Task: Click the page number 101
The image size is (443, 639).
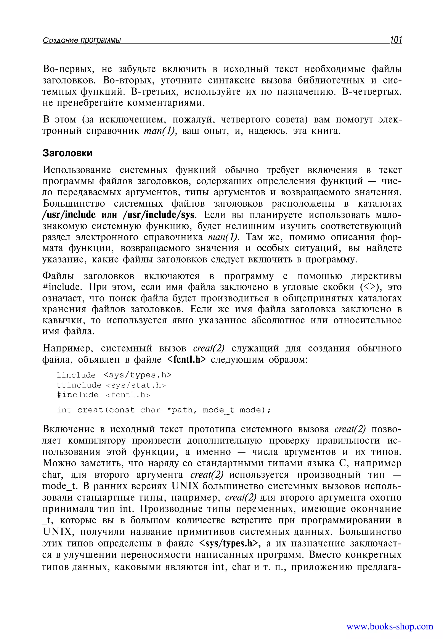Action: (x=396, y=40)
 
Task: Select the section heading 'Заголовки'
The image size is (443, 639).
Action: (x=67, y=153)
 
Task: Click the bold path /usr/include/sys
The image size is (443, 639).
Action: (x=159, y=215)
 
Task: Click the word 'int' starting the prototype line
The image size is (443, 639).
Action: (x=64, y=410)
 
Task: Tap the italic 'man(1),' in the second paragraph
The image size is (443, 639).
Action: (x=161, y=131)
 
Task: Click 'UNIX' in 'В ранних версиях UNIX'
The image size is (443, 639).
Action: (x=185, y=486)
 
